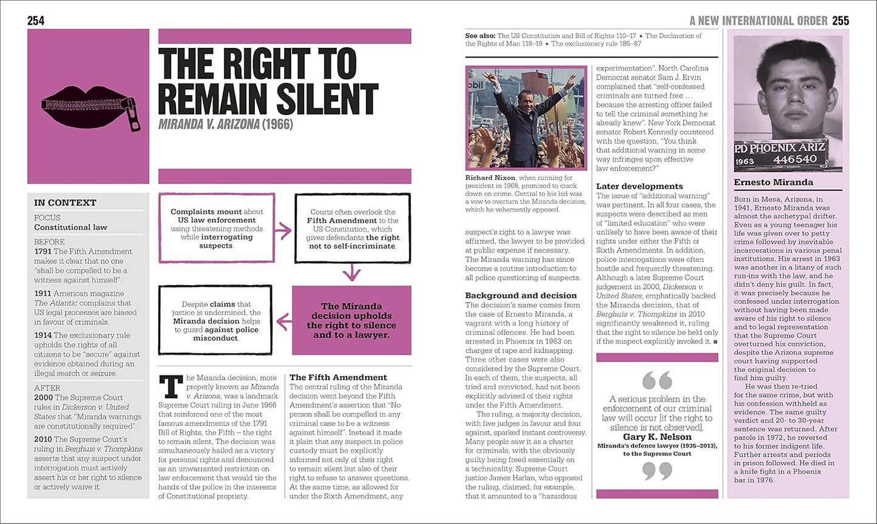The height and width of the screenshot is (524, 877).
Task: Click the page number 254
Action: coord(36,21)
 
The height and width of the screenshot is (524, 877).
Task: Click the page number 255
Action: coord(841,21)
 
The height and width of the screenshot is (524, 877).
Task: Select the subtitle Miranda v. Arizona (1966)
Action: coord(225,124)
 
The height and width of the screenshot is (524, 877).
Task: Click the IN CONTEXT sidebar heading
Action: coord(65,203)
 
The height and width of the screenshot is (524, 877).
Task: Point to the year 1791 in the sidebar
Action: coord(42,251)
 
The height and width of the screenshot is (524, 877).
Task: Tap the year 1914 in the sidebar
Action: coord(42,335)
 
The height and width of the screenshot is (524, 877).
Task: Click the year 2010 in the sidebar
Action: coord(42,439)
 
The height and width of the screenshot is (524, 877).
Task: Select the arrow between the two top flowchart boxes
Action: coord(283,230)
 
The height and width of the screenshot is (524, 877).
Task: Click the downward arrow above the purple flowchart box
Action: coord(351,274)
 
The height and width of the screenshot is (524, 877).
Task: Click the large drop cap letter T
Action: coord(170,386)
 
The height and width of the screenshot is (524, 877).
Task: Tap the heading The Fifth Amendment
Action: coord(338,377)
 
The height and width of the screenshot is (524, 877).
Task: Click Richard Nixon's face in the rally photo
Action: coord(525,98)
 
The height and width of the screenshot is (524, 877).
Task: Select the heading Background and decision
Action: coord(521,295)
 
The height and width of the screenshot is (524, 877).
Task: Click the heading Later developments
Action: coord(639,186)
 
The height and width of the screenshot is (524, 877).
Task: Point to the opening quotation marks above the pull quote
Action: coord(657,381)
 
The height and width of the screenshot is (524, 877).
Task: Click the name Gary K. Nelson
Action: coord(657,437)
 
